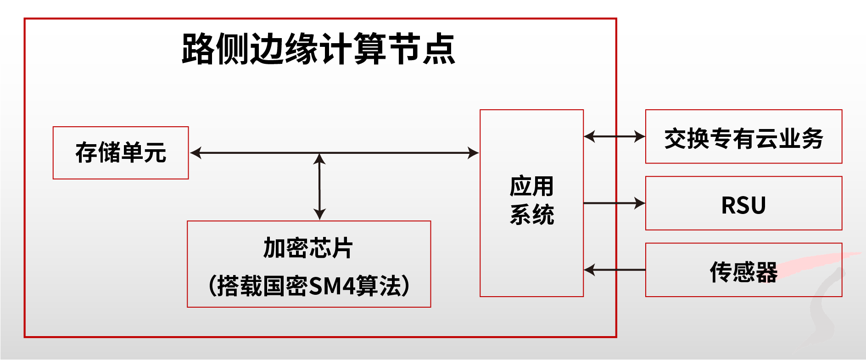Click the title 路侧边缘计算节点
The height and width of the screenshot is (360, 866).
tap(318, 49)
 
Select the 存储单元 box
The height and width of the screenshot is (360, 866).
tap(121, 152)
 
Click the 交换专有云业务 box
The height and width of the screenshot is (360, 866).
tap(743, 136)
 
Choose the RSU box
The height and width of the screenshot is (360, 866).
tap(743, 203)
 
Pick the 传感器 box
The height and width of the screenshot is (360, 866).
tap(743, 270)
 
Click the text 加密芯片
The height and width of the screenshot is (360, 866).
tap(308, 248)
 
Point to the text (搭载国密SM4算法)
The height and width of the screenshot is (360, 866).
tap(308, 286)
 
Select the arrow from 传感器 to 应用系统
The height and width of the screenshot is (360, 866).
tap(615, 270)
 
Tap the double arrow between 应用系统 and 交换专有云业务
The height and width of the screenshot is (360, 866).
tap(615, 136)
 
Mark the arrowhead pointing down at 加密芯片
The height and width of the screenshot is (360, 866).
tap(319, 214)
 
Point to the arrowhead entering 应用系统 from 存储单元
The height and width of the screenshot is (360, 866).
tap(473, 153)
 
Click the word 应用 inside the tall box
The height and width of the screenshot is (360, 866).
tap(531, 186)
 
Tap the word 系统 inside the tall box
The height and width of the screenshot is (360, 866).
tap(531, 214)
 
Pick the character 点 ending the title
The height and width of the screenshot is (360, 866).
tap(439, 49)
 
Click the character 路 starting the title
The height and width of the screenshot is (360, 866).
tap(198, 49)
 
